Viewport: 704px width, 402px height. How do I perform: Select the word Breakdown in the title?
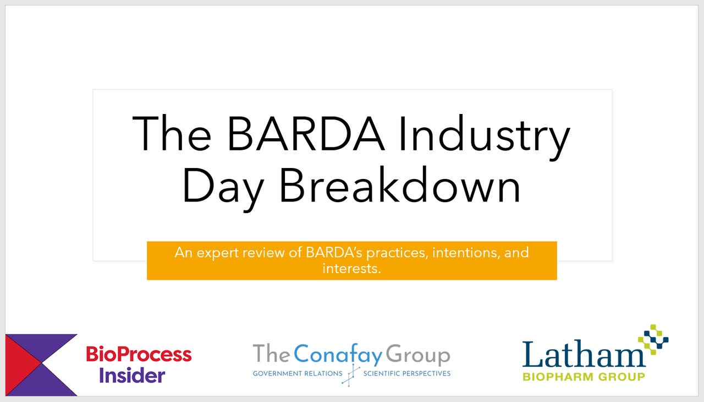pyautogui.click(x=400, y=184)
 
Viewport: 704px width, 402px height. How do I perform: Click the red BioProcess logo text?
pyautogui.click(x=139, y=354)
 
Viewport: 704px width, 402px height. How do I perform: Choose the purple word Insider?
pyautogui.click(x=132, y=376)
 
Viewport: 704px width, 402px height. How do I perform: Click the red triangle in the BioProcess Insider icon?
pyautogui.click(x=21, y=364)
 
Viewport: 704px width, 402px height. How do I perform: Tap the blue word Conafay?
pyautogui.click(x=338, y=355)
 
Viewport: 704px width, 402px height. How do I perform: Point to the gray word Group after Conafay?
pyautogui.click(x=418, y=355)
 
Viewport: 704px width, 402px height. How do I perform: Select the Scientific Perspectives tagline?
pyautogui.click(x=407, y=373)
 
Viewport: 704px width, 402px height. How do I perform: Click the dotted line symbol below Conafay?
pyautogui.click(x=350, y=374)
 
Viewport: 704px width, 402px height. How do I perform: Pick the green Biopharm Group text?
pyautogui.click(x=584, y=377)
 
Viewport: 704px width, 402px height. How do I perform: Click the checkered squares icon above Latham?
pyautogui.click(x=653, y=339)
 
